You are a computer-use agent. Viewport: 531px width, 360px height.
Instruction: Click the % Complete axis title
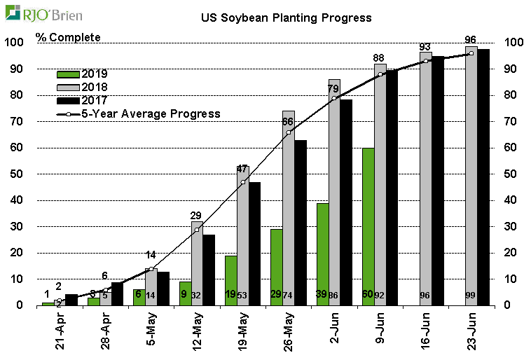(68, 37)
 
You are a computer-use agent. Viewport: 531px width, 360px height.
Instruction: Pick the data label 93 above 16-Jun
(425, 47)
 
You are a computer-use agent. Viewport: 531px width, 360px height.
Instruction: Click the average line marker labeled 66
(288, 132)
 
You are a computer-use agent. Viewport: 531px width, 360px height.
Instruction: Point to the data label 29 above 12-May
(197, 215)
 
